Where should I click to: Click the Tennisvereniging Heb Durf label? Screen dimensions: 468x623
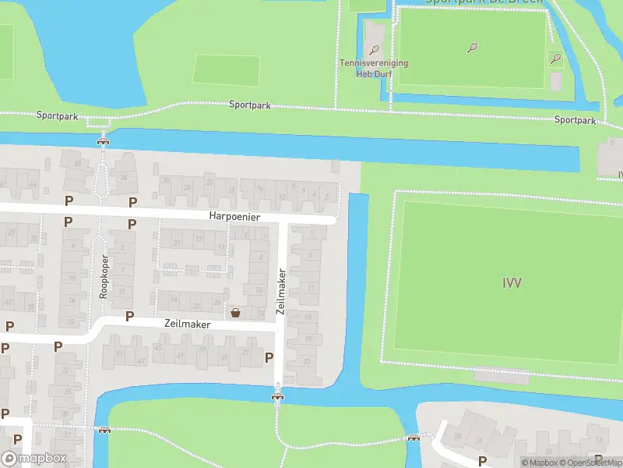click(374, 68)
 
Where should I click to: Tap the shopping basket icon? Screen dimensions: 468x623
click(235, 313)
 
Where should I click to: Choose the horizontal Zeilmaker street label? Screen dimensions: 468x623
click(188, 323)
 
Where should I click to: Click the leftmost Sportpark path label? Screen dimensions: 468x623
click(57, 115)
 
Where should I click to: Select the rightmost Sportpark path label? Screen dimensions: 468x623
click(575, 120)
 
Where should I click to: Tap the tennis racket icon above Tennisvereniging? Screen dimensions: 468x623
click(375, 50)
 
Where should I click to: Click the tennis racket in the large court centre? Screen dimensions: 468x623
click(472, 48)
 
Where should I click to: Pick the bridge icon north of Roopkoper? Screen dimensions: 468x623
click(102, 141)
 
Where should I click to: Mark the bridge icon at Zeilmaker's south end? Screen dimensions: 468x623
click(278, 396)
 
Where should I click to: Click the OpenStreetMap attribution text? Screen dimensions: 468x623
click(590, 463)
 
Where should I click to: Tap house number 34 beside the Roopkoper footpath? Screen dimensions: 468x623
click(124, 177)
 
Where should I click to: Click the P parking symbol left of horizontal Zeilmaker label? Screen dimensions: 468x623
click(129, 317)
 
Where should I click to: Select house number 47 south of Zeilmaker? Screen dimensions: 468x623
click(141, 360)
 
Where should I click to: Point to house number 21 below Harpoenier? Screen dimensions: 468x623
click(178, 243)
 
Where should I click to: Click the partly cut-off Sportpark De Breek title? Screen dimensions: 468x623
click(483, 2)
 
